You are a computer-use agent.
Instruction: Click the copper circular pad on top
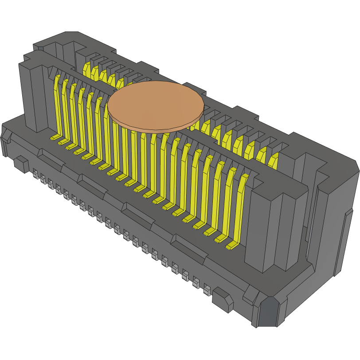[156, 106]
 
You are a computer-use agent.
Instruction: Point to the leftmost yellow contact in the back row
[87, 69]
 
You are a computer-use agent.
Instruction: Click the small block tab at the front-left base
[21, 164]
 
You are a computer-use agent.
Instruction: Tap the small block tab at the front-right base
[222, 300]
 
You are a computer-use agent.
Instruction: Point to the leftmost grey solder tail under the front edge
[35, 174]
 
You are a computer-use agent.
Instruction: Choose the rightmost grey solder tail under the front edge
[207, 290]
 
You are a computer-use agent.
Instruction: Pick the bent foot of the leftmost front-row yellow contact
[55, 138]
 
